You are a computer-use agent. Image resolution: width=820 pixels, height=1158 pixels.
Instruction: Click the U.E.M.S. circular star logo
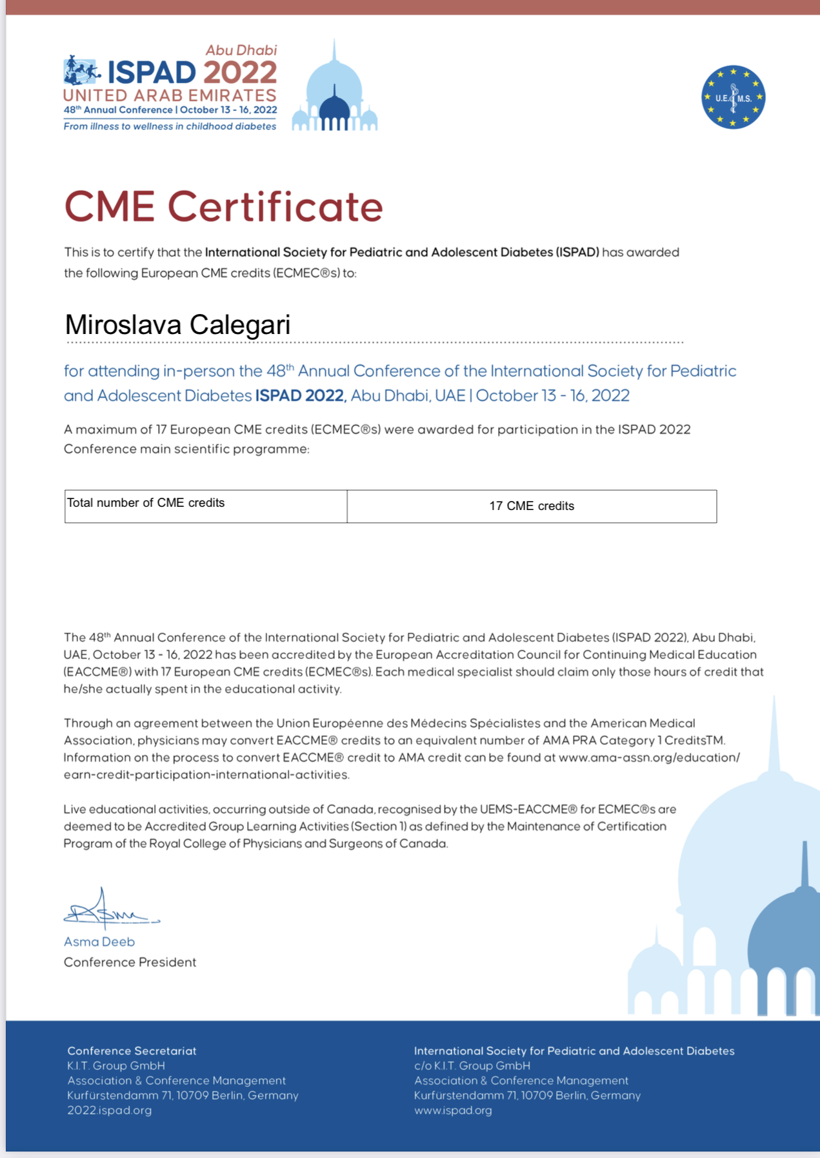tap(733, 97)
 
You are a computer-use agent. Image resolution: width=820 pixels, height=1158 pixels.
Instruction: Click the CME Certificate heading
tap(223, 207)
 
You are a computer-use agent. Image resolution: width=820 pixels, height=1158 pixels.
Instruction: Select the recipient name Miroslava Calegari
tap(177, 324)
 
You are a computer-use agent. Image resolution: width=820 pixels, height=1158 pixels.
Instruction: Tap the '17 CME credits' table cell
tap(532, 506)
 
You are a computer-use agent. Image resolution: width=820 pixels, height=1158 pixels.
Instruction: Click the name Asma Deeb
tap(99, 942)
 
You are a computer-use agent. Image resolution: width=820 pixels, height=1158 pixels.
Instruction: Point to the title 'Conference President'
tap(130, 962)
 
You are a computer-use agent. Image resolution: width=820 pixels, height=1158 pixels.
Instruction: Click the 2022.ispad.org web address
tap(110, 1110)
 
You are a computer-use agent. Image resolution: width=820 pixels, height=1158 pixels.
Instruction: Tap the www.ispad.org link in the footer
tap(453, 1110)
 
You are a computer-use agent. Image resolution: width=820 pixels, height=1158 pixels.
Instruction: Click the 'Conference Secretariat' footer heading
tap(132, 1051)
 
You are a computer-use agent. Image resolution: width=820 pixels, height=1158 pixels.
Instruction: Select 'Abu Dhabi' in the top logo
tap(241, 50)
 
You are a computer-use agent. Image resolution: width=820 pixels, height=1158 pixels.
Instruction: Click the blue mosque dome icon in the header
tap(334, 93)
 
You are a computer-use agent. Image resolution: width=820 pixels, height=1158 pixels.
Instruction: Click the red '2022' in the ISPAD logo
tap(240, 73)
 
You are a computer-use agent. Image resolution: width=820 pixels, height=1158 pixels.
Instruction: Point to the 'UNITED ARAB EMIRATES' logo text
tap(170, 95)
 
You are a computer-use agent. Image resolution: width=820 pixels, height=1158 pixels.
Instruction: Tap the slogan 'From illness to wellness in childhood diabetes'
tap(170, 126)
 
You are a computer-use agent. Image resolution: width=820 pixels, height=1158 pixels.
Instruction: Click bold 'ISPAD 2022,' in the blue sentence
tap(301, 395)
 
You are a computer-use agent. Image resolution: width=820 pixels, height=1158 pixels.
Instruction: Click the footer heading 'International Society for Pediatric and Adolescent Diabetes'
tap(574, 1051)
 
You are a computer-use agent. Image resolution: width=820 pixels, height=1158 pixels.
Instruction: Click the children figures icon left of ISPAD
tap(81, 71)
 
